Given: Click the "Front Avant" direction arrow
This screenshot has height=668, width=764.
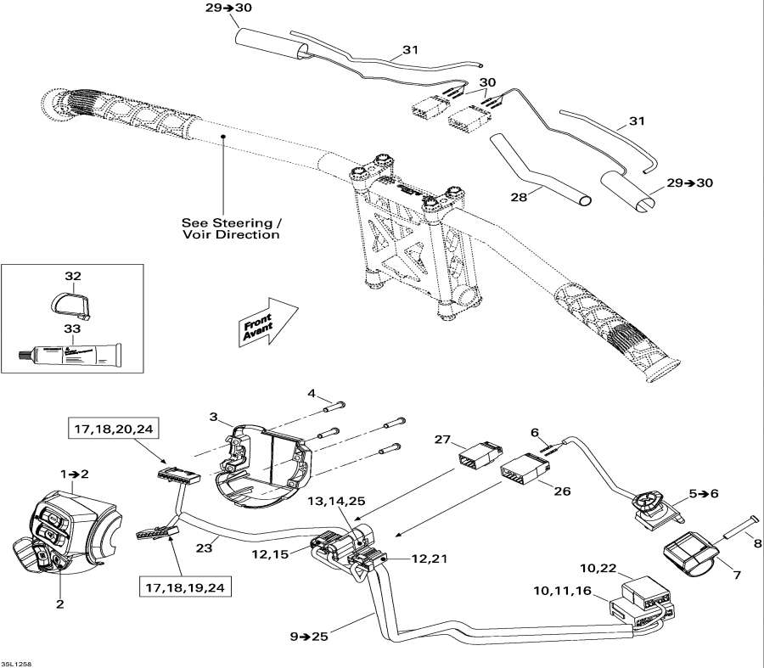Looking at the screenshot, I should click(x=266, y=322).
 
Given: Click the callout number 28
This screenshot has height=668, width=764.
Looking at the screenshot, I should click(x=518, y=196).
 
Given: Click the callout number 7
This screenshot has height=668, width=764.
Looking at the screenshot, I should click(x=736, y=575).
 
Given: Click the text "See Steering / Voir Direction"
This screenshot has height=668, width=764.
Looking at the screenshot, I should click(x=230, y=228).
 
